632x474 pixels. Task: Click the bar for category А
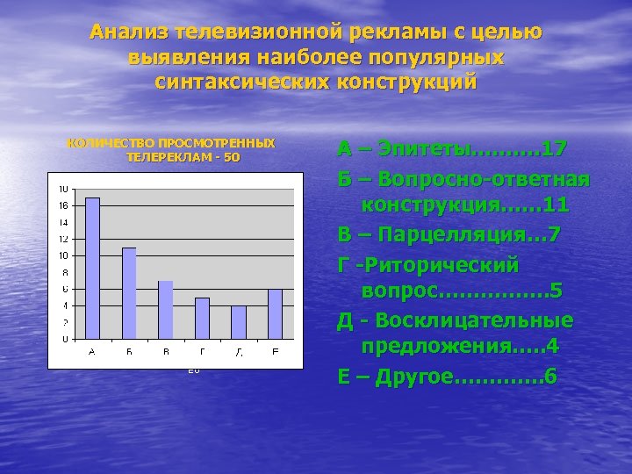pos(92,268)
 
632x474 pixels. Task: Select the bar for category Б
pos(129,293)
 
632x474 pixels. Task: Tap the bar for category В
pos(165,310)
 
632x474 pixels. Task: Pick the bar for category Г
pos(202,318)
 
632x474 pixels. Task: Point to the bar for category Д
pos(239,322)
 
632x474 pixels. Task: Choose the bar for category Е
pos(275,313)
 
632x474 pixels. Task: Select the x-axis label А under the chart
pos(92,351)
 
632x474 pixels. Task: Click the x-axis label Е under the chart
pos(275,351)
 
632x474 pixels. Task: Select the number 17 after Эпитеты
pos(554,148)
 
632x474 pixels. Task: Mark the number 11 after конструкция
pos(556,206)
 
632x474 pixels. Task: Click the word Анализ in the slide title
pos(129,33)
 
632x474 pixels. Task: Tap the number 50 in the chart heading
pos(231,157)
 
